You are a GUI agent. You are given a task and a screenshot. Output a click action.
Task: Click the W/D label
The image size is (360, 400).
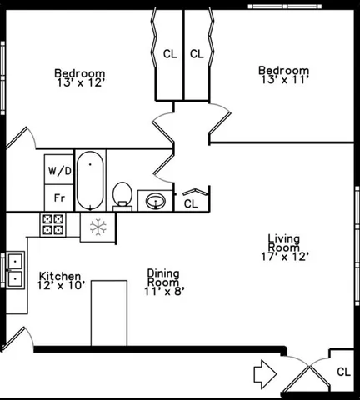point(59,171)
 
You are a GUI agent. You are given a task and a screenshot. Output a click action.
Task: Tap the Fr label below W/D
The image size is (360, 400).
point(59,198)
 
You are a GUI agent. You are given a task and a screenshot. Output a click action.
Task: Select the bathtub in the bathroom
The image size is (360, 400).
point(89,179)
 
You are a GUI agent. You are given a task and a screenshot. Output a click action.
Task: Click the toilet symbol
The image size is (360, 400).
point(123,194)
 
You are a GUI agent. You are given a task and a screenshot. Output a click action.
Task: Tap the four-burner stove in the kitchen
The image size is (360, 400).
point(52,224)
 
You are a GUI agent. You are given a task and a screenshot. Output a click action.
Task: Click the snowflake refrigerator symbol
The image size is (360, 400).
point(97,226)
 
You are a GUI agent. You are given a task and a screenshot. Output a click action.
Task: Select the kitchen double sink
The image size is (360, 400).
point(14,269)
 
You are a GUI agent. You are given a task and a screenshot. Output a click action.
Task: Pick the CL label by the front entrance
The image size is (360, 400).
point(344,372)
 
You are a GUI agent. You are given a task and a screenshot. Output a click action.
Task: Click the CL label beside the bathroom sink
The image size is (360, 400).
point(191,202)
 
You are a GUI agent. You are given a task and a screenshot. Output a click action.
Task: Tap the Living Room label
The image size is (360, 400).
point(283,244)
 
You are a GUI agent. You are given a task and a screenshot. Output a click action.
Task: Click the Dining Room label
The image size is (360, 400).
point(163,277)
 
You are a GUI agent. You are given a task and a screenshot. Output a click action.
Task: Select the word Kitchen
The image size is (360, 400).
point(59,276)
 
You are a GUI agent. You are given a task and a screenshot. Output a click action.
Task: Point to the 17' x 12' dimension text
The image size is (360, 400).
point(284,257)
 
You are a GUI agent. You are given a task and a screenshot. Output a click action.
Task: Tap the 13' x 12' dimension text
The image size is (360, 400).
point(79,84)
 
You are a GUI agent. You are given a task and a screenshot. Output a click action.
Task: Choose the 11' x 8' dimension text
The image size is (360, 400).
point(163,292)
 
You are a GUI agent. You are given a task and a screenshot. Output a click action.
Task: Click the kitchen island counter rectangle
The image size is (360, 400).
point(108,312)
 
